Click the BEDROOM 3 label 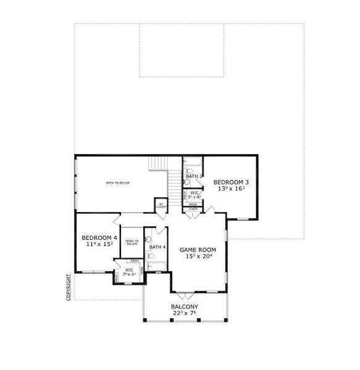[231, 182]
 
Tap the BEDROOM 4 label [99, 237]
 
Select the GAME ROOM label [196, 250]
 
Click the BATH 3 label [194, 176]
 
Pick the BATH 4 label [157, 247]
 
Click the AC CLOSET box [161, 206]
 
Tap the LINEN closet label [193, 209]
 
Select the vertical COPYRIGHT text [69, 287]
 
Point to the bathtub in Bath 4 [156, 268]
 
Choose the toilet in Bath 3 [188, 181]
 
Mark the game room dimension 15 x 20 [196, 257]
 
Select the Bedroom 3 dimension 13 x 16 [231, 189]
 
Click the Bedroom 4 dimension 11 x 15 [99, 245]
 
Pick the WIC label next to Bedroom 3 [194, 193]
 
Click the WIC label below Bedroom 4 [130, 270]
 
